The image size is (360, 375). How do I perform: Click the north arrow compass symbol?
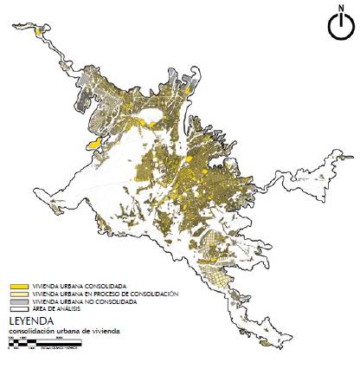coord(341,27)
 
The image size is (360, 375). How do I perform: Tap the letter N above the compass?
coord(341,9)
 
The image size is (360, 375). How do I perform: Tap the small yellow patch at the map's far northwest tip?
coord(39,32)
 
